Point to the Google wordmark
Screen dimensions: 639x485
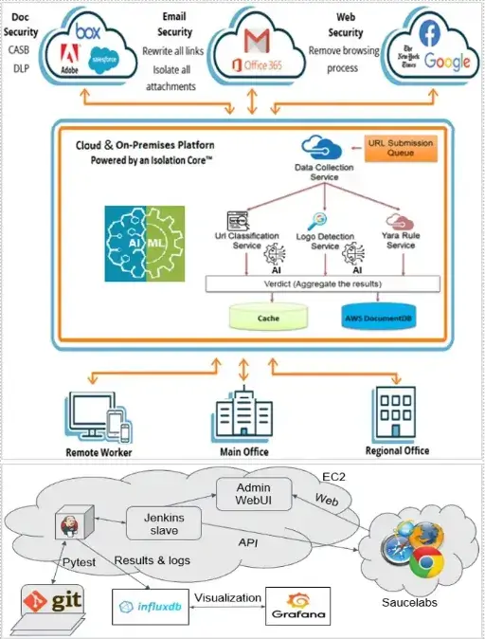[x=446, y=64]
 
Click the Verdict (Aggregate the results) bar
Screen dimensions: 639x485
[x=322, y=283]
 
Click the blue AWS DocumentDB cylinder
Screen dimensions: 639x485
[x=379, y=318]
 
